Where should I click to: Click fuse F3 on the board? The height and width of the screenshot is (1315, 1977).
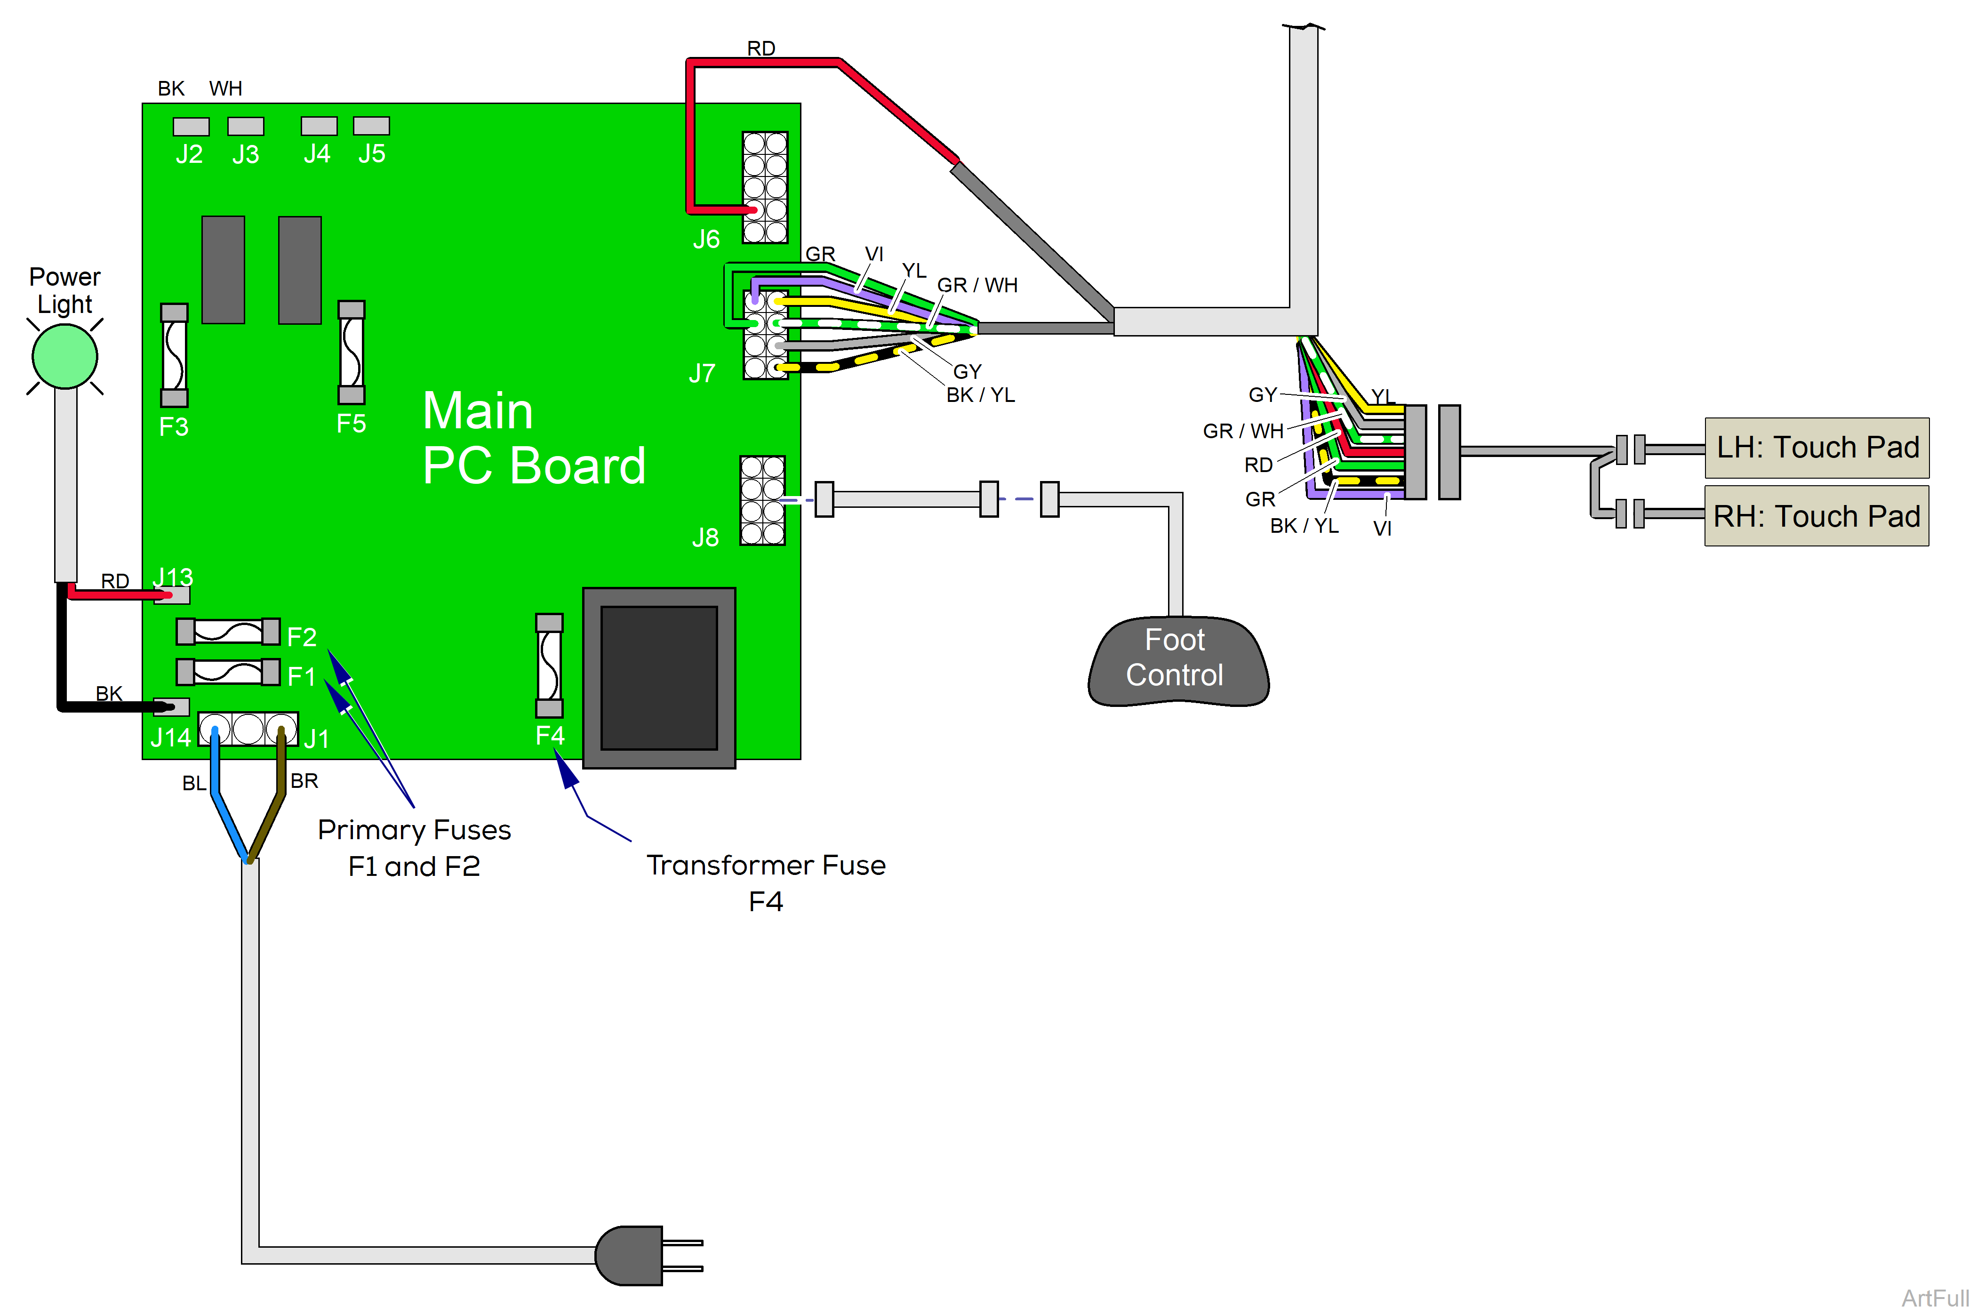click(175, 355)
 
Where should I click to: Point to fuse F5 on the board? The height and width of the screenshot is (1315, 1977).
click(351, 352)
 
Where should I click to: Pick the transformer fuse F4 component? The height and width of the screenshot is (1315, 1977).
click(549, 666)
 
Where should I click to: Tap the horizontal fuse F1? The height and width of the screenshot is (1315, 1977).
click(228, 672)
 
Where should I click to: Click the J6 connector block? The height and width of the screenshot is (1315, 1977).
click(765, 187)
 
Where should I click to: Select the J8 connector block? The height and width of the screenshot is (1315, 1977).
click(762, 501)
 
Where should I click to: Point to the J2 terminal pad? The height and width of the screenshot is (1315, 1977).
click(191, 127)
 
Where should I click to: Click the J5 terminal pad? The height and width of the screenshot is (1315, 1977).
click(371, 126)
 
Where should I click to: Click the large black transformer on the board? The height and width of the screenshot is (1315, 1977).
click(659, 678)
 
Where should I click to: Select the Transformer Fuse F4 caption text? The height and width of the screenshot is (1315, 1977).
click(766, 882)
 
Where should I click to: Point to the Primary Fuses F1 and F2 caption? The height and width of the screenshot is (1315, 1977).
click(414, 847)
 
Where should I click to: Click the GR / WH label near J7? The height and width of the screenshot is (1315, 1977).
click(977, 285)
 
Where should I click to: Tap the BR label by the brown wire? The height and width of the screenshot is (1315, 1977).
click(304, 781)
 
